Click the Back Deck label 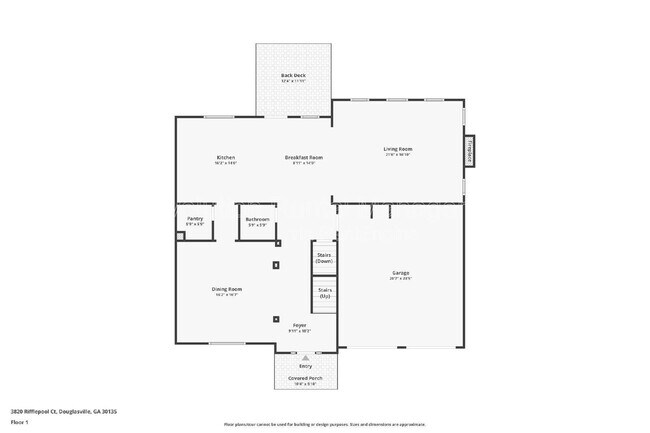(293, 76)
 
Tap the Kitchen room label (225, 158)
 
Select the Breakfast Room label (303, 158)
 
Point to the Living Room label (398, 150)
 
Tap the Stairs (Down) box (324, 256)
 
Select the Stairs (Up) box (324, 294)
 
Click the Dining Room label (227, 290)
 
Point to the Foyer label (299, 326)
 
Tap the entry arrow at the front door (306, 353)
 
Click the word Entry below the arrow (305, 366)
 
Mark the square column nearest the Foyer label (276, 320)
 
